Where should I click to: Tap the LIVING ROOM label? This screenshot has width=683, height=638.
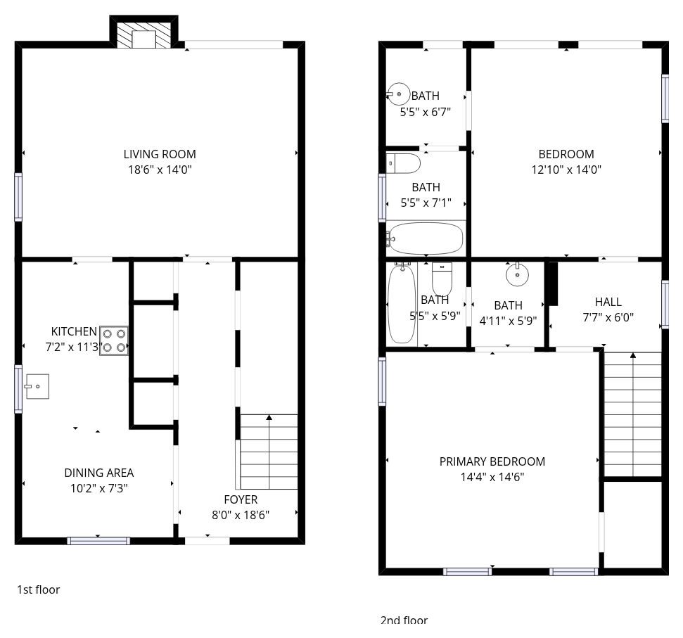(160, 154)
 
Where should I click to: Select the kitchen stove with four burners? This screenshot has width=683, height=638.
(114, 340)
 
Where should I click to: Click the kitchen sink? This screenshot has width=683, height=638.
(37, 386)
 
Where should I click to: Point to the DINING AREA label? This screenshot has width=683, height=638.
(99, 473)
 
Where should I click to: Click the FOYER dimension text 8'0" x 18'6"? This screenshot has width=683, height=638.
(241, 515)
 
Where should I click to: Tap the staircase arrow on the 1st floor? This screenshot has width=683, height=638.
(269, 452)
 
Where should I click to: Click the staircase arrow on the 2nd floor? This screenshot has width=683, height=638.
(633, 414)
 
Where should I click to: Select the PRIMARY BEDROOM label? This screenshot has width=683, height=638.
(492, 461)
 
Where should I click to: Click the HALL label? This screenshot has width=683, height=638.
(608, 302)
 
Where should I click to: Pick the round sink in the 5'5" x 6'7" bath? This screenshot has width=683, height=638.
(398, 94)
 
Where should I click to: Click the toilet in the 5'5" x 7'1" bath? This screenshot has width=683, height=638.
(403, 163)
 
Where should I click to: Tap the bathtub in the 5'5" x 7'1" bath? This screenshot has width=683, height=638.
(425, 238)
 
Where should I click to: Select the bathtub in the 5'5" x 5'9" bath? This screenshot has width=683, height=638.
(402, 304)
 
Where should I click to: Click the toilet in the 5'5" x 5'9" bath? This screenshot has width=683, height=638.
(442, 279)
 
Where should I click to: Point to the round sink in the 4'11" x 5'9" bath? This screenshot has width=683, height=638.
(517, 274)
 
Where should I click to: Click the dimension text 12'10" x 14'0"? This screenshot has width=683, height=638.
(566, 170)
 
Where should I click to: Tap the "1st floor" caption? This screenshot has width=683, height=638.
(38, 589)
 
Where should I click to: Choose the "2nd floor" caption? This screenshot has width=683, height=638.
(404, 620)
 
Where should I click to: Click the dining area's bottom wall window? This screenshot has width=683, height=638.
(98, 541)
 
